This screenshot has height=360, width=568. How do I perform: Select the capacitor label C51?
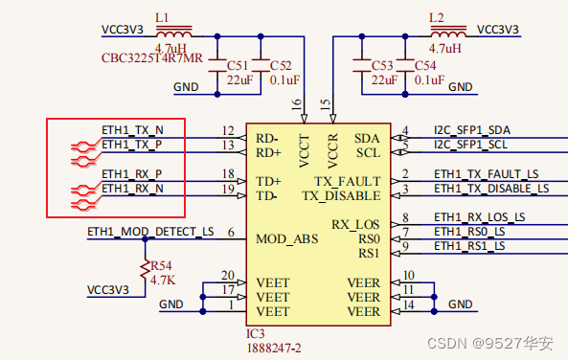[x=239, y=65]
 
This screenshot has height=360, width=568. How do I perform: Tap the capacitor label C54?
[x=428, y=65]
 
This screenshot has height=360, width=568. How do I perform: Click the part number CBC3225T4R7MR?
[x=152, y=58]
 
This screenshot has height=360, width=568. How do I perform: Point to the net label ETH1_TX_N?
[x=132, y=129]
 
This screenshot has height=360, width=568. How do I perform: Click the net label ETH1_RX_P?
[x=132, y=174]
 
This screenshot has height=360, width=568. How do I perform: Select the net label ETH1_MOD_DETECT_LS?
[x=150, y=231]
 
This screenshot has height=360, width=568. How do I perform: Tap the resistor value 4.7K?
[x=162, y=281]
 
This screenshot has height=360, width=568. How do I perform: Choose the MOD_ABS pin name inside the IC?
[x=286, y=238]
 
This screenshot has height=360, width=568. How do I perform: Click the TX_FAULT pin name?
[x=347, y=181]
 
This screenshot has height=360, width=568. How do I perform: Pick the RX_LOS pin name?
[x=355, y=224]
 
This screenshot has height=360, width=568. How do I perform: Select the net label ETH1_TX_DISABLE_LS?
[x=491, y=189]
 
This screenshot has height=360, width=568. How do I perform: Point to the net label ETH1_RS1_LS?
[x=469, y=246]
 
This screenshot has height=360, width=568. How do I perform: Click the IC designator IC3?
[x=255, y=333]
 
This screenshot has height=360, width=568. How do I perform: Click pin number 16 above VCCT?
[x=296, y=102]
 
